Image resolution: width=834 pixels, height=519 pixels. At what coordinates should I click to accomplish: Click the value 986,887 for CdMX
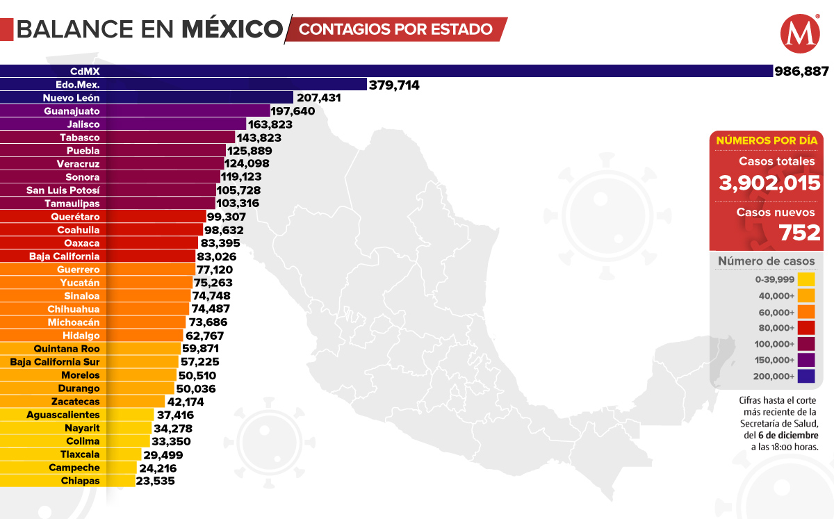pos(802,71)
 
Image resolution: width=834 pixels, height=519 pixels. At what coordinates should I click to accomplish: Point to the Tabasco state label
pos(79,138)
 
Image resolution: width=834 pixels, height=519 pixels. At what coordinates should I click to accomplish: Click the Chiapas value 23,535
pos(156,481)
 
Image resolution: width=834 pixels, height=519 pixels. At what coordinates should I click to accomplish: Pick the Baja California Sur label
pos(55,362)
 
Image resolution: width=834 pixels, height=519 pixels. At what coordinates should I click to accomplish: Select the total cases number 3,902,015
pos(770,184)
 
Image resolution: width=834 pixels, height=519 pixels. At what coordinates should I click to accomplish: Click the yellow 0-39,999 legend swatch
pos(806,279)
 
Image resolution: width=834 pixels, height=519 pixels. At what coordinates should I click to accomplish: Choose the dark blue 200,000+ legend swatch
pos(806,377)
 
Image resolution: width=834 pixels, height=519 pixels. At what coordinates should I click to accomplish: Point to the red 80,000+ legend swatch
pos(806,328)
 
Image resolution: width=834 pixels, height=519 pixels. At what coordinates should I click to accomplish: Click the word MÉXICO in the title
pos(233,29)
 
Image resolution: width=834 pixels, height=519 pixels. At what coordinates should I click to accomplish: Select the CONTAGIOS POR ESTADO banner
pos(395,29)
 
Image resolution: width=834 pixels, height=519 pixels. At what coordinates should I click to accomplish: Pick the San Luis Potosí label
pos(63,190)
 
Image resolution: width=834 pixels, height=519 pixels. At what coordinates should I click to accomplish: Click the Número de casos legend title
pos(766,261)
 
